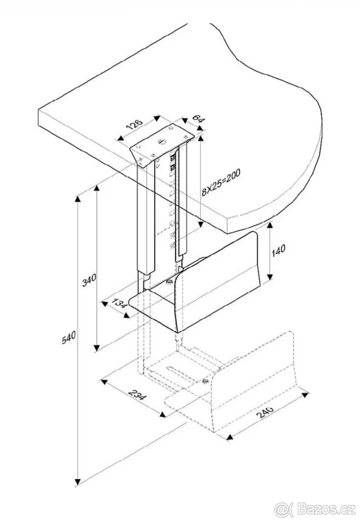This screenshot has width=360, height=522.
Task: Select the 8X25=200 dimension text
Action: pyautogui.click(x=221, y=181)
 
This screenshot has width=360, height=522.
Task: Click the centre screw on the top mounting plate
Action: pyautogui.click(x=161, y=141)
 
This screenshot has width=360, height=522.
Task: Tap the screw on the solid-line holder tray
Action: pyautogui.click(x=169, y=283)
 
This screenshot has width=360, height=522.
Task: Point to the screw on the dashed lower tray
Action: pyautogui.click(x=205, y=381)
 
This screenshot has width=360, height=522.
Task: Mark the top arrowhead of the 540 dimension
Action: pyautogui.click(x=78, y=199)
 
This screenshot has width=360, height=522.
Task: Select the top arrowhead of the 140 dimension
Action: pyautogui.click(x=271, y=225)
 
